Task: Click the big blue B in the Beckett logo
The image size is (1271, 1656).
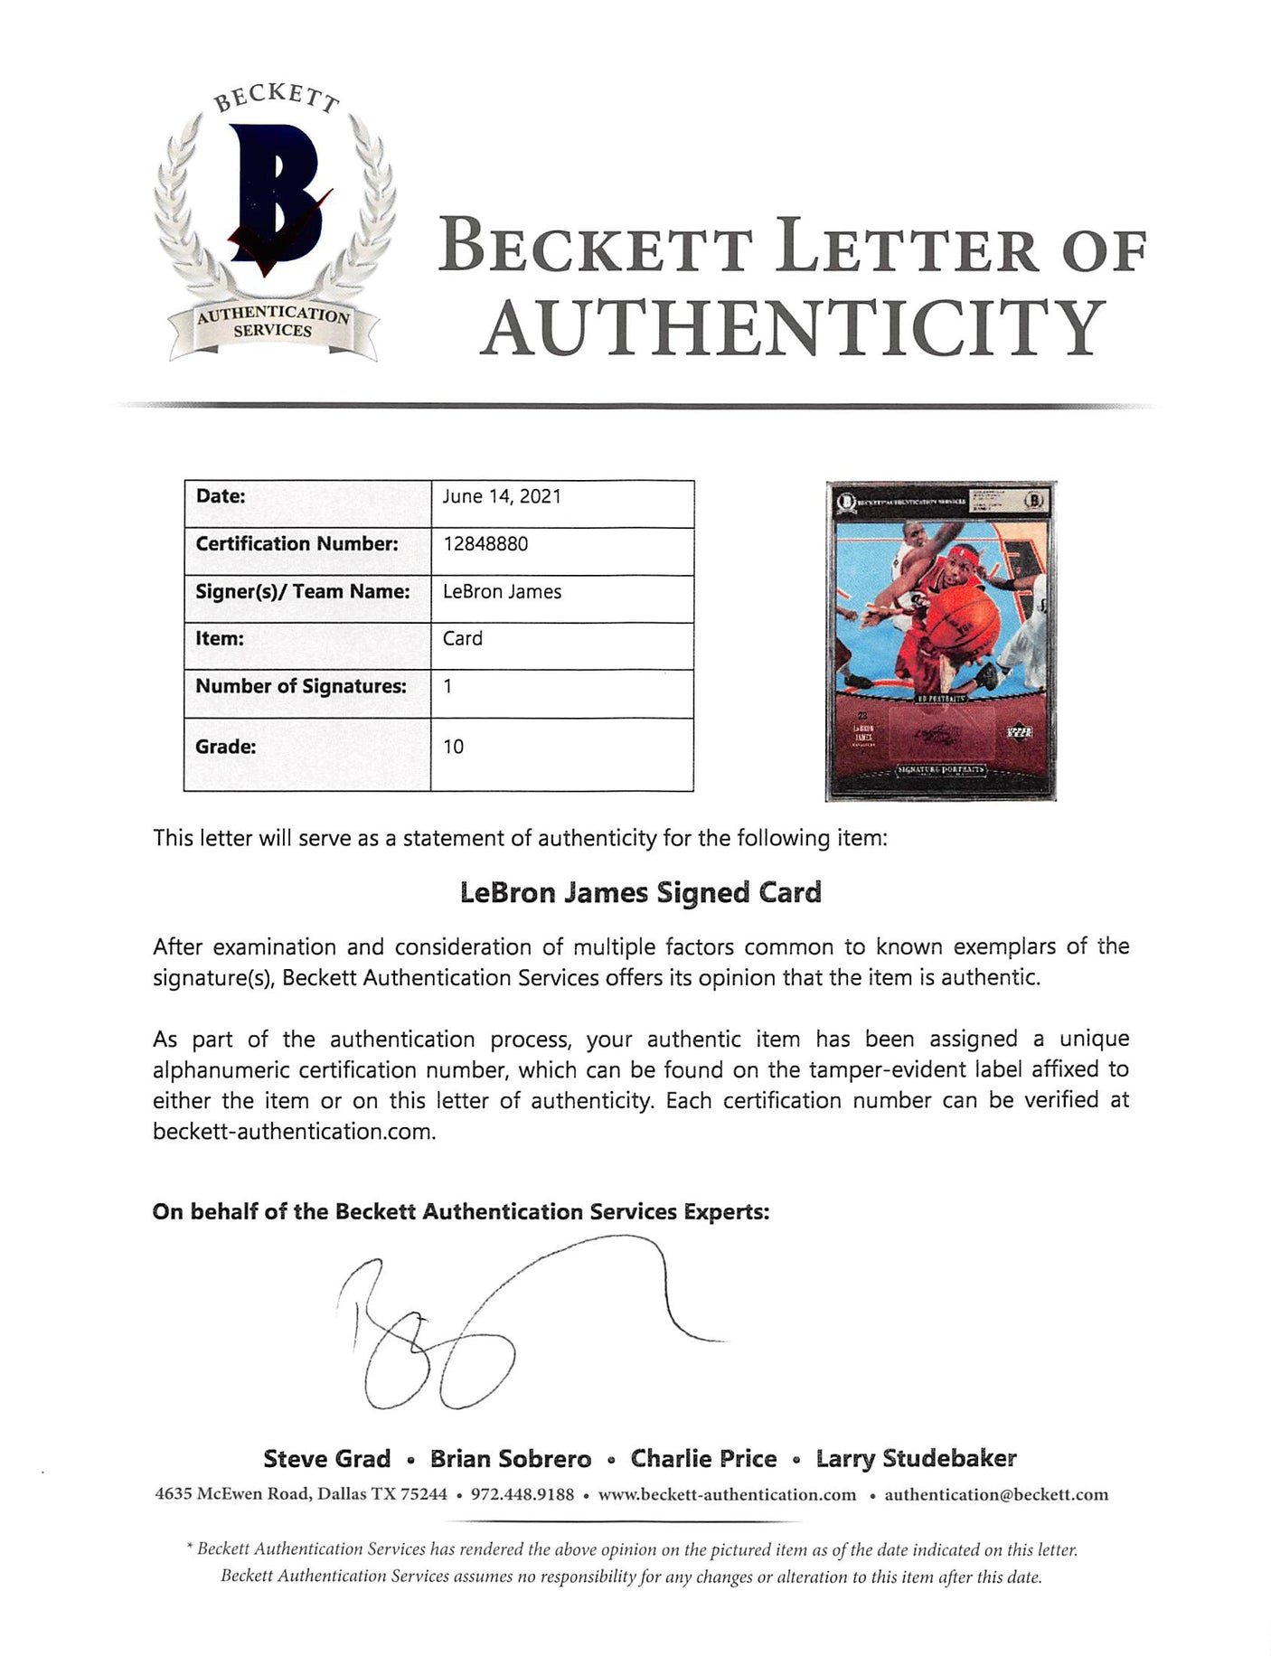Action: (x=276, y=194)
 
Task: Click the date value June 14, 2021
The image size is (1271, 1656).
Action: (x=502, y=496)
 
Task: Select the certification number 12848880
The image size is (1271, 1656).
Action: (x=485, y=544)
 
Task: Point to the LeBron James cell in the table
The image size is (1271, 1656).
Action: (x=502, y=592)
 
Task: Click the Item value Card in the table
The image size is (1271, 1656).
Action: (x=463, y=639)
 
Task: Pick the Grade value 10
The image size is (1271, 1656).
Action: (x=454, y=747)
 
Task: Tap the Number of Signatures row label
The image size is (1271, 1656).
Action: (x=301, y=687)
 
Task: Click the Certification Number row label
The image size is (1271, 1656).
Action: (x=297, y=544)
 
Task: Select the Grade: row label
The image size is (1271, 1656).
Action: (x=226, y=747)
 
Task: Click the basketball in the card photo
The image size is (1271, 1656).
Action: (x=963, y=621)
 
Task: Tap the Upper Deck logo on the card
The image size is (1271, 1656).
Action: (x=1019, y=732)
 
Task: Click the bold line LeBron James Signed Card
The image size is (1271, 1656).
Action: (x=640, y=893)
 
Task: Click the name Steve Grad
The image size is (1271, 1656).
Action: (x=327, y=1459)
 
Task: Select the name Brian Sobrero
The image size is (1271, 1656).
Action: (x=511, y=1459)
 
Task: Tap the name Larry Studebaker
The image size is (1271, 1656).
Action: (x=916, y=1459)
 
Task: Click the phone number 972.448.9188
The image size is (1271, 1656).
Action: (x=523, y=1495)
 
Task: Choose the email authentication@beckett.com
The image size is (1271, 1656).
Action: (x=996, y=1495)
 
